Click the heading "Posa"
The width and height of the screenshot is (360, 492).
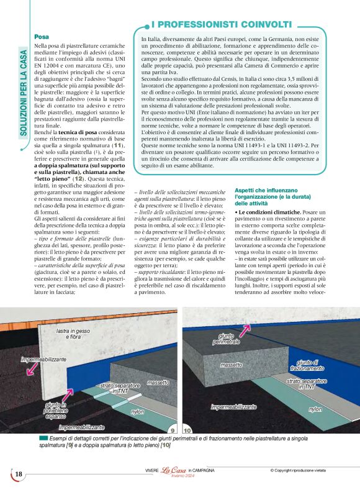coord(42,37)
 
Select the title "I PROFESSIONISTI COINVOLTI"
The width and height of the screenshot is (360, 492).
coord(221,24)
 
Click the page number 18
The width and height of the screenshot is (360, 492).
coord(19,475)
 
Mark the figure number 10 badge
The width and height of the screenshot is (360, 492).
coord(187,430)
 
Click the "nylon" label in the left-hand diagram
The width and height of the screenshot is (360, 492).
coord(137,411)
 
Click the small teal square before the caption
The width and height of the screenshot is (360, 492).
coord(42,439)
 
